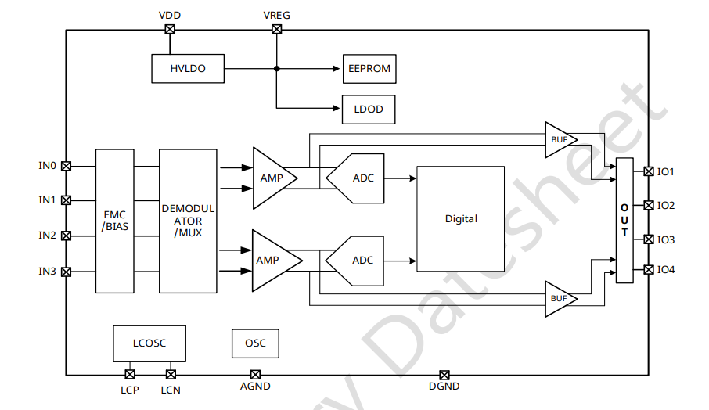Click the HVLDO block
pos(188,69)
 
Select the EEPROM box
pos(369,69)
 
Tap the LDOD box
pos(369,109)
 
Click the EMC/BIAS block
pos(114,221)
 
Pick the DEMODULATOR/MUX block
pos(188,221)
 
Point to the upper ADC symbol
pos(357,178)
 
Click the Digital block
pos(461,219)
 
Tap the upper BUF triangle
pos(560,139)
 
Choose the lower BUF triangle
pos(560,298)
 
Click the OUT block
pos(624,221)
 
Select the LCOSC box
pos(149,343)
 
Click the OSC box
pos(255,343)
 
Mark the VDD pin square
pos(170,30)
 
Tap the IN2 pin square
pos(67,235)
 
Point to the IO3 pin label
pos(666,239)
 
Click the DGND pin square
pos(444,375)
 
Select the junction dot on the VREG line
pos(276,69)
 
